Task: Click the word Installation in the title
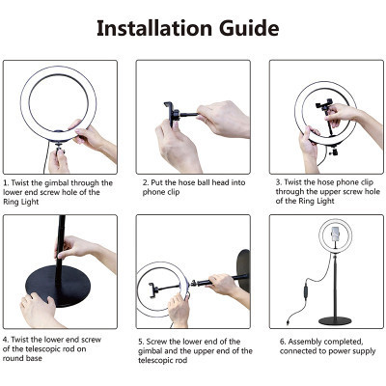pyautogui.click(x=155, y=26)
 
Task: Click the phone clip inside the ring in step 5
pyautogui.click(x=160, y=284)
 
